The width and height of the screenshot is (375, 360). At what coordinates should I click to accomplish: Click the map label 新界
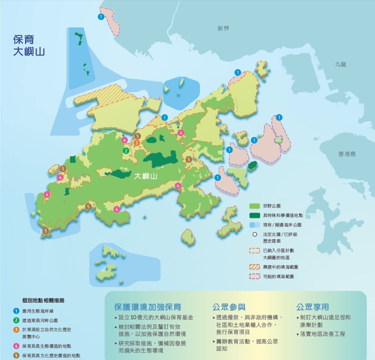tap(223, 29)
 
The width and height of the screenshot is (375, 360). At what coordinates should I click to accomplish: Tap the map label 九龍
tap(340, 63)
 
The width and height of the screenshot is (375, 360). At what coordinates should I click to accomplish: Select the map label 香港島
tap(347, 154)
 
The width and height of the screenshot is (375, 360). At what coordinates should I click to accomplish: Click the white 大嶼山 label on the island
tap(146, 176)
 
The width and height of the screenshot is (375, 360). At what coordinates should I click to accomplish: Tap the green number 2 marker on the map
tap(126, 151)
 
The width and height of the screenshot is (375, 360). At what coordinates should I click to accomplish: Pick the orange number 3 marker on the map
tap(137, 143)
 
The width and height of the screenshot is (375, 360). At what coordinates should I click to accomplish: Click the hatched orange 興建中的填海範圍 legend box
tap(255, 267)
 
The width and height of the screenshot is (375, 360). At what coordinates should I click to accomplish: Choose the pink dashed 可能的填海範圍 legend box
tap(255, 276)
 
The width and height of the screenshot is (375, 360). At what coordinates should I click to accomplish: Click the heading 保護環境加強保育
tap(147, 306)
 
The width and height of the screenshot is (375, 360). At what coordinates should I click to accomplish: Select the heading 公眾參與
tap(229, 306)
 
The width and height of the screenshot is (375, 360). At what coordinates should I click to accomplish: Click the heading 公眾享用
tap(312, 306)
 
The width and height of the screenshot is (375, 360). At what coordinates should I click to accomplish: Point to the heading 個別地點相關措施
tap(43, 300)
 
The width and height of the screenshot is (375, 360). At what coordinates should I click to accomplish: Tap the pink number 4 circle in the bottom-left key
tap(16, 346)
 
